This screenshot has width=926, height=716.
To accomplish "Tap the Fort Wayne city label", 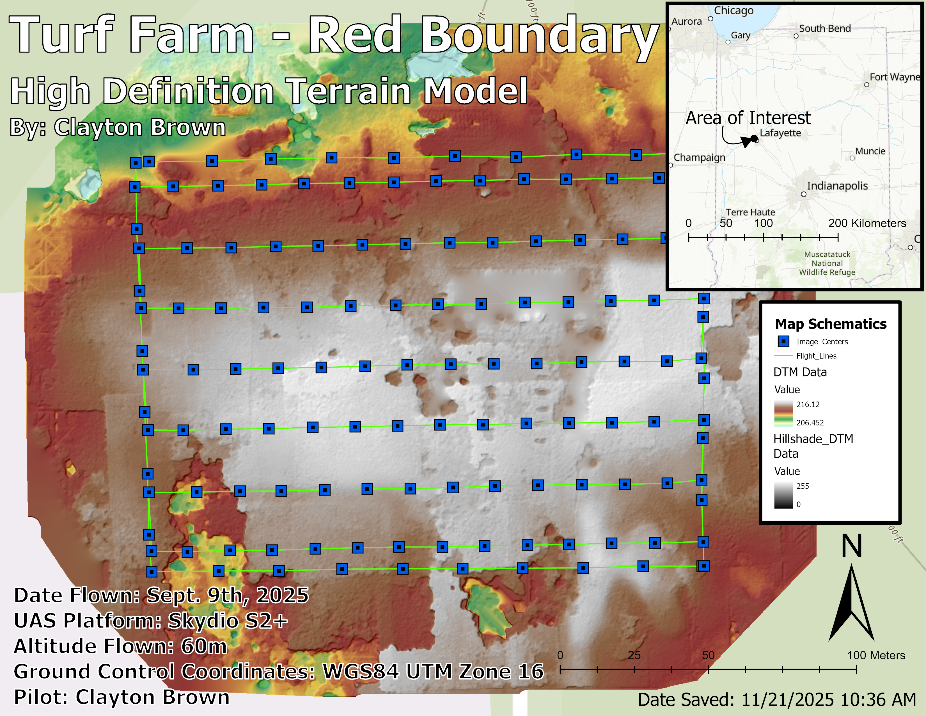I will pos(895,77).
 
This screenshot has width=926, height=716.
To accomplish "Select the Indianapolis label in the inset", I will pos(837,186).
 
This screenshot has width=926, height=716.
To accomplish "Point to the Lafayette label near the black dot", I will pos(780,133).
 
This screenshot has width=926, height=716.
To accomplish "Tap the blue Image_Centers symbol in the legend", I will pos(783,341).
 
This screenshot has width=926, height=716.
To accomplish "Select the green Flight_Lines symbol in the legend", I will pos(783,355).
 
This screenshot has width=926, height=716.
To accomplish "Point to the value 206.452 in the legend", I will pos(810,423).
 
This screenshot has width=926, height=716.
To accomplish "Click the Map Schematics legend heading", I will pos(831,324).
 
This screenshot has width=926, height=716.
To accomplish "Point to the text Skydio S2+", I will pos(228,621).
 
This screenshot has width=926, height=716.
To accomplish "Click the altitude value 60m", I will pos(204,646).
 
